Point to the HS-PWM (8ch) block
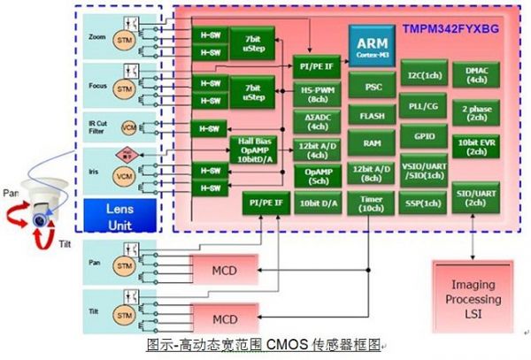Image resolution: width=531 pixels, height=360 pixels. (316, 95)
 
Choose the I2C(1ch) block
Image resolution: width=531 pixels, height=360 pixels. (424, 76)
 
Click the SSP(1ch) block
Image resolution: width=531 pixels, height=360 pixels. (424, 203)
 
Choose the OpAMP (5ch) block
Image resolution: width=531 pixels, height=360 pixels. (316, 176)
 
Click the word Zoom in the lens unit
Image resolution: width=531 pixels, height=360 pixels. (97, 38)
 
